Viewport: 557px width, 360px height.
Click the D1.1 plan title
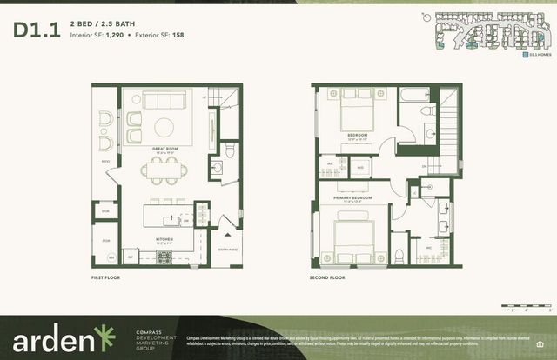37,30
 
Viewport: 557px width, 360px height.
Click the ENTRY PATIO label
229,248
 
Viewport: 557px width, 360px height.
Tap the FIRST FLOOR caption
105,277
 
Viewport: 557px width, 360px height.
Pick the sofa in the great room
163,98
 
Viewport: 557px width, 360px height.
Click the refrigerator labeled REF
131,257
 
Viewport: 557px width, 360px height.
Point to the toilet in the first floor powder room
230,153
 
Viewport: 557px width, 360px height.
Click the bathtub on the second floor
414,94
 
